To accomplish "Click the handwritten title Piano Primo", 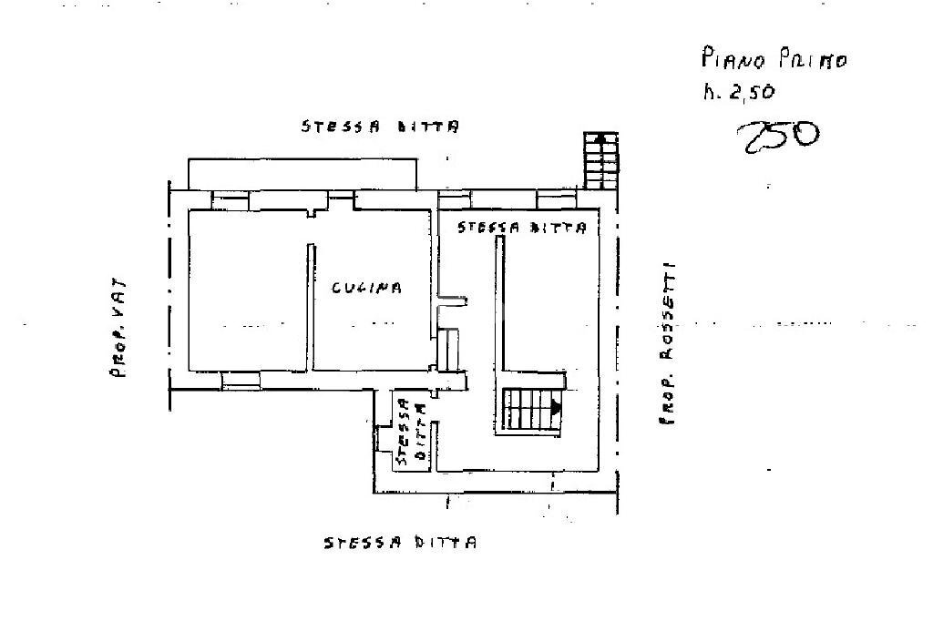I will (774, 60).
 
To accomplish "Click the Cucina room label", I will (366, 288).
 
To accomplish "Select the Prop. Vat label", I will (118, 328).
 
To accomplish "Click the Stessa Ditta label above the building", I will (380, 127).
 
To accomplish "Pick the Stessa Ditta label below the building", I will (400, 544).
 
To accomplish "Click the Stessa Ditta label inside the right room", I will (521, 228).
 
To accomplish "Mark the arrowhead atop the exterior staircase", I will (600, 137).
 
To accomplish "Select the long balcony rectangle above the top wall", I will (302, 173).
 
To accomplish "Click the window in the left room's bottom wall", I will (241, 380).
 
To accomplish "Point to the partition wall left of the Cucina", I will (311, 306).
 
